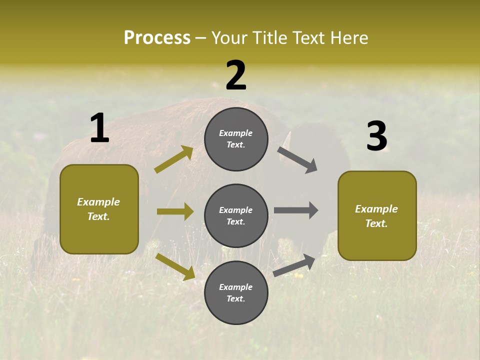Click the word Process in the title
[x=157, y=38]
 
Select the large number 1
[x=99, y=128]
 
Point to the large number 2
[x=236, y=75]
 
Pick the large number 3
[x=376, y=136]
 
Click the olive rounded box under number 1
[x=99, y=209]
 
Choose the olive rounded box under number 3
[x=377, y=215]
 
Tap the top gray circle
[x=236, y=139]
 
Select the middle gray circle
[x=236, y=215]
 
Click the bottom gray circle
[x=236, y=292]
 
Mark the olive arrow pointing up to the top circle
[x=174, y=159]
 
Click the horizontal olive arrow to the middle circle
[x=175, y=211]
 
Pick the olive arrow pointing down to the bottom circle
[x=175, y=266]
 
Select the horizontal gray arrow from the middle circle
[x=295, y=210]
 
